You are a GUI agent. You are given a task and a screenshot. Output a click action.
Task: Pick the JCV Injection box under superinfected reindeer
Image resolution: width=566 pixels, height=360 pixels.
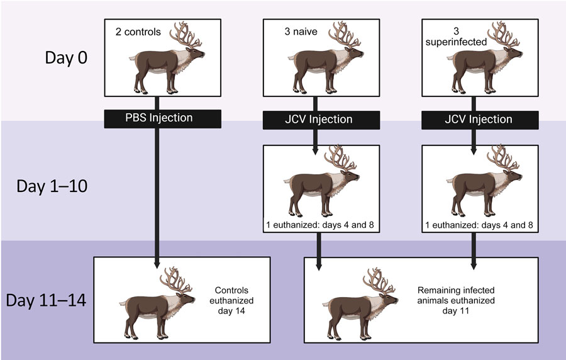473,118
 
